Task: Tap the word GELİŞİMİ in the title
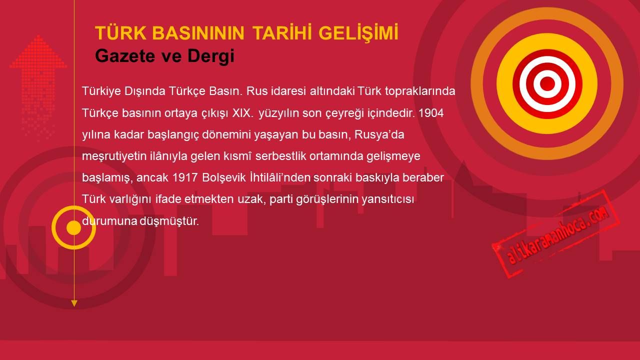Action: click(x=358, y=33)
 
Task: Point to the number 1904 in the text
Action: click(x=431, y=113)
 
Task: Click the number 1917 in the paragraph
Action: click(x=185, y=177)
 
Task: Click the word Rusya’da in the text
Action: click(x=379, y=134)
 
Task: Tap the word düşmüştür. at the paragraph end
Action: click(x=169, y=221)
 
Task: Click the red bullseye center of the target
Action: click(x=547, y=83)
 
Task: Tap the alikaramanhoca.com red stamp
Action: click(x=555, y=234)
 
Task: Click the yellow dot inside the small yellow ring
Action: click(x=73, y=227)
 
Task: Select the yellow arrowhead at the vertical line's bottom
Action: click(x=74, y=303)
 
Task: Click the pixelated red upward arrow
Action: click(x=38, y=85)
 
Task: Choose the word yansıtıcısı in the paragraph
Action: click(x=387, y=199)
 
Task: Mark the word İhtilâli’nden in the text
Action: click(x=279, y=177)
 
